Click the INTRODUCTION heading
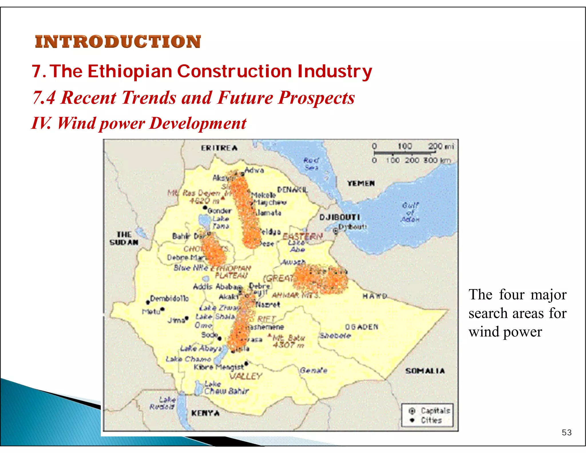(x=118, y=42)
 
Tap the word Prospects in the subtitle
(x=316, y=98)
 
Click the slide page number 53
(x=566, y=432)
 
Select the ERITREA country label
(x=219, y=148)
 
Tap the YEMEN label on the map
(x=361, y=183)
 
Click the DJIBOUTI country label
(x=339, y=217)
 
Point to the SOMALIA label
(x=425, y=371)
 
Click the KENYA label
(x=205, y=413)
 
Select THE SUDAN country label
(x=124, y=238)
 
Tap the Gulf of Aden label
(x=410, y=212)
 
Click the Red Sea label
(x=311, y=164)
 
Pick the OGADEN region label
(x=361, y=327)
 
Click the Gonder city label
(x=219, y=211)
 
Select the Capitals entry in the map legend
(x=435, y=411)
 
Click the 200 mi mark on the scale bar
(x=441, y=146)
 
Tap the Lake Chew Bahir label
(x=226, y=388)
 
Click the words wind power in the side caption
(x=505, y=332)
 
